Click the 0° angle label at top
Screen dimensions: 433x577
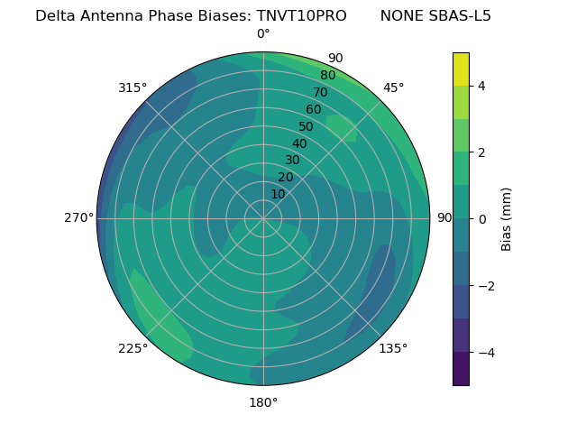point(263,34)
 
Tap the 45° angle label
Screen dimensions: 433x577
point(393,88)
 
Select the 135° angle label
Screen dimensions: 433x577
point(393,348)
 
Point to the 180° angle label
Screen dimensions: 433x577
point(263,402)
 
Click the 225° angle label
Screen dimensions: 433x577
point(133,348)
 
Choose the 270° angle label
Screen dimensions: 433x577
point(78,218)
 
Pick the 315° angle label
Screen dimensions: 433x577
point(133,88)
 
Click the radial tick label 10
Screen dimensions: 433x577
point(278,194)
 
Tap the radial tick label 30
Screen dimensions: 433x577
point(292,161)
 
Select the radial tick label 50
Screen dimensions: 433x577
point(307,127)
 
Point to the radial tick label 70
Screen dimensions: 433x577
point(320,92)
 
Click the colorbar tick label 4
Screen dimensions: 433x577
point(481,86)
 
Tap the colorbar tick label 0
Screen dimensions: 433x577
point(481,218)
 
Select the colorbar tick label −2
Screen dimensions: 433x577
point(485,285)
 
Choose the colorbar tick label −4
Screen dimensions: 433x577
point(485,352)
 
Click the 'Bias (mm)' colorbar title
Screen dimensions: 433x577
point(507,218)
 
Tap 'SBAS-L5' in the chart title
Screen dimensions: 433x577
point(461,15)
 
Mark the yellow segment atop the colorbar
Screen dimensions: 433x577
point(461,69)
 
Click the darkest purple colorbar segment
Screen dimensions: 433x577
point(461,368)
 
